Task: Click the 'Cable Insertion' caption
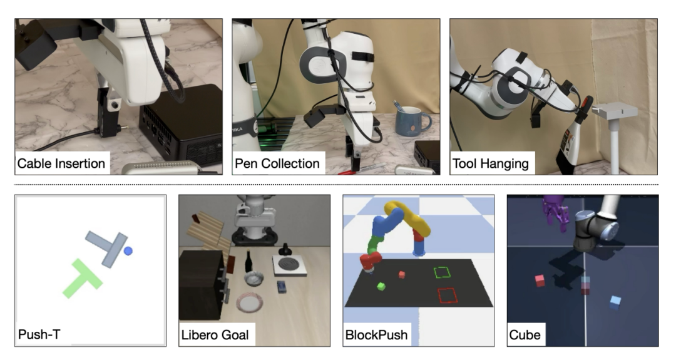point(61,163)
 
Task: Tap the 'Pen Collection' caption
point(277,163)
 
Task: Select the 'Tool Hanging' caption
point(491,163)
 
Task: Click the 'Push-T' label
point(39,334)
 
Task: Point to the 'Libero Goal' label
point(215,335)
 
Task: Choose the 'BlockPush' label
point(376,335)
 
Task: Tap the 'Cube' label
point(525,335)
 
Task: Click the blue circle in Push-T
point(128,250)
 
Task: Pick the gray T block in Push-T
point(108,247)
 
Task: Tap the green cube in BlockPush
point(381,286)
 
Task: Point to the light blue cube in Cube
point(615,302)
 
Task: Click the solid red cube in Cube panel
point(540,280)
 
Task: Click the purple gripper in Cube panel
point(556,210)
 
